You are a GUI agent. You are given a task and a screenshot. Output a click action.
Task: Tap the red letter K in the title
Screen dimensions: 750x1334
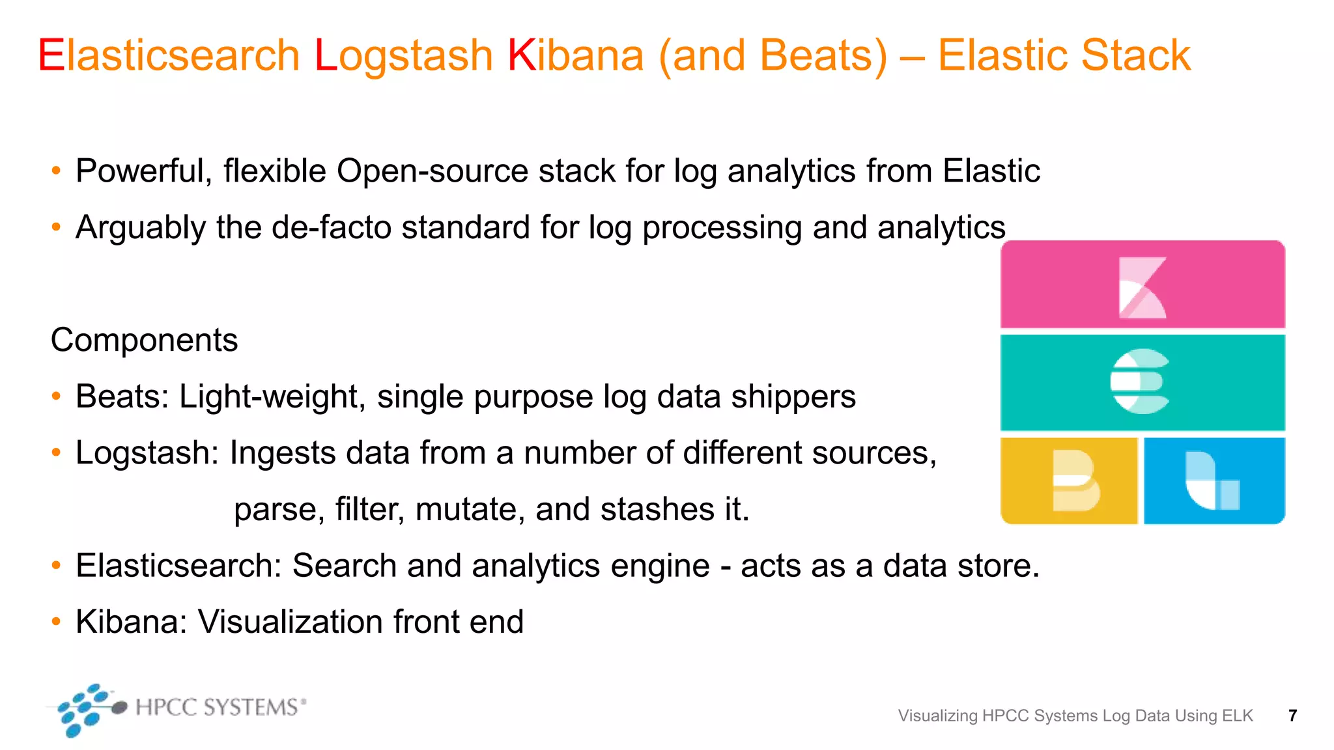pos(521,55)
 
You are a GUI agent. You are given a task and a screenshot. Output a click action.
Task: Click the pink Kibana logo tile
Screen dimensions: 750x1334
pos(1142,285)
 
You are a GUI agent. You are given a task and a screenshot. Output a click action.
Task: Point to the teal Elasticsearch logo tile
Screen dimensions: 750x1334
pos(1142,382)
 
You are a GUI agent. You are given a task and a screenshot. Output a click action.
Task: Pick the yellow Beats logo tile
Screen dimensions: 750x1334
pos(1069,480)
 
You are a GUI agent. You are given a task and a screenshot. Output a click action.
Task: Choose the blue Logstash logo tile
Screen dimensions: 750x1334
pos(1214,480)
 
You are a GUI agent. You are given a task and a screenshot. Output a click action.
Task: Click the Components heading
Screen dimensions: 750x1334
pos(145,340)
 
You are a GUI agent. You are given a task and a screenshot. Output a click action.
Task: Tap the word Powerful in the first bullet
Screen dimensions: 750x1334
pos(144,171)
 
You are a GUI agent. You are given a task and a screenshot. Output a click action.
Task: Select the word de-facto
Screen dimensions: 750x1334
pos(331,228)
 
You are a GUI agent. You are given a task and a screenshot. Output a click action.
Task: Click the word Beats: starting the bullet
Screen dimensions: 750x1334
pos(122,396)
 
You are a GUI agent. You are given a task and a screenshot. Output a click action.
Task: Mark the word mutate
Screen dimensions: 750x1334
pos(470,509)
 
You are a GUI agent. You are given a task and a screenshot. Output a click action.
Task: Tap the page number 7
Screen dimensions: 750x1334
pos(1292,716)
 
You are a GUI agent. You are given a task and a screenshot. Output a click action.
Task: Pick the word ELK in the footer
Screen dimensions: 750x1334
pos(1237,716)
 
